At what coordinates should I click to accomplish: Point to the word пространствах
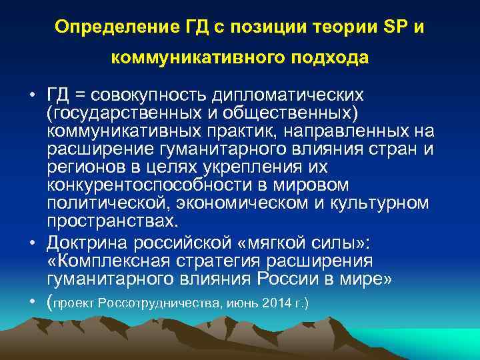pyautogui.click(x=109, y=221)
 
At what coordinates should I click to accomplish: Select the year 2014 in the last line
pyautogui.click(x=274, y=303)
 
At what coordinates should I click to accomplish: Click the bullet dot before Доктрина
pyautogui.click(x=33, y=241)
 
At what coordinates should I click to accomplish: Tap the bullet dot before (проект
pyautogui.click(x=33, y=301)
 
